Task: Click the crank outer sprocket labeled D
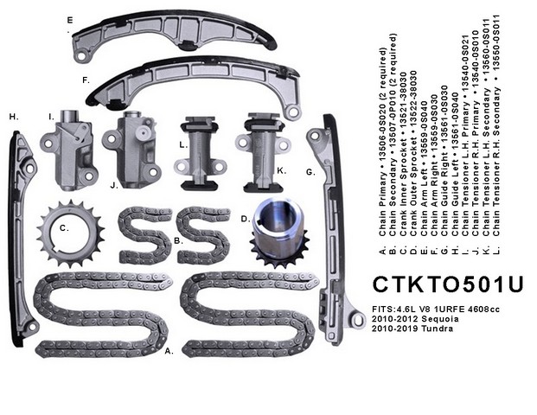tap(278, 233)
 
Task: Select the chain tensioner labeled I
tap(67, 150)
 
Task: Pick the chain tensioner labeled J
tap(132, 150)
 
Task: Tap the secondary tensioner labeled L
tap(200, 153)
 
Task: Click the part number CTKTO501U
tap(448, 284)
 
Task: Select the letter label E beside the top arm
tap(70, 20)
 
